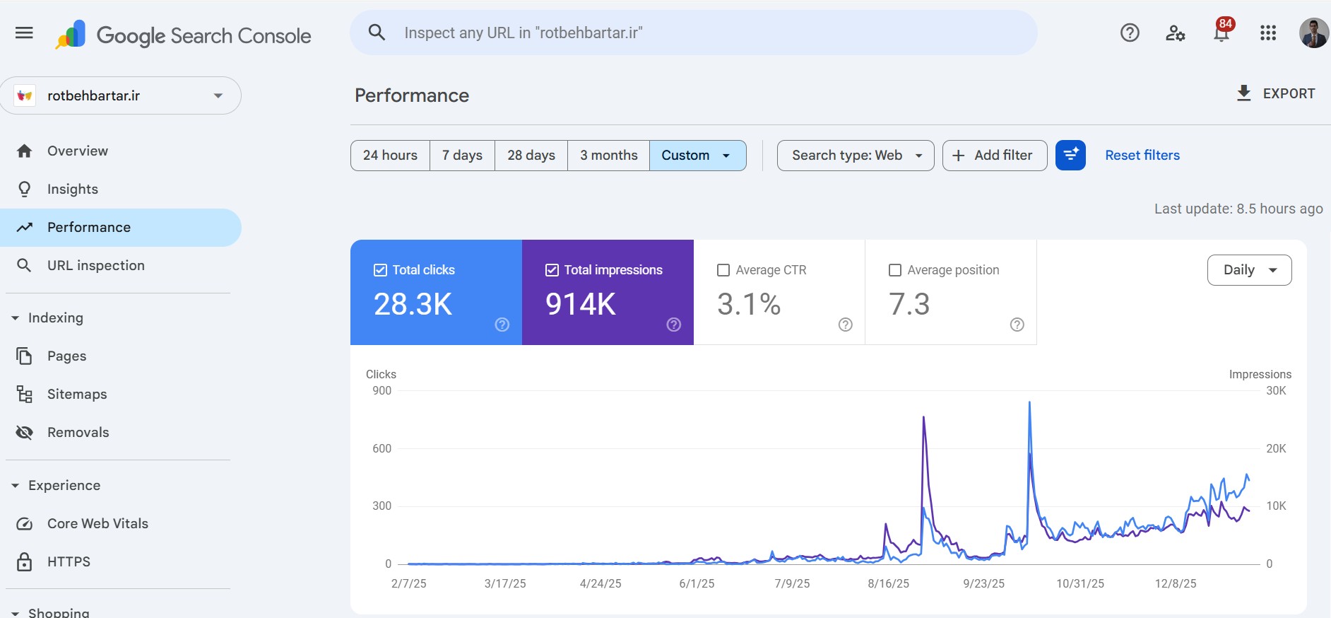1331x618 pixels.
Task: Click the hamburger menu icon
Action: (x=24, y=33)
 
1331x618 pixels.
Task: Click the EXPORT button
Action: (x=1275, y=93)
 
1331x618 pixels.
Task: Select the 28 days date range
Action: (x=531, y=156)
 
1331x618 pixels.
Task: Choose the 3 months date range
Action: (x=608, y=156)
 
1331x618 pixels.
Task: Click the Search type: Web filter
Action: (x=856, y=156)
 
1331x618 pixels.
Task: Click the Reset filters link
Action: (x=1142, y=156)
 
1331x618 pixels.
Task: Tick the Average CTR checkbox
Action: (x=723, y=270)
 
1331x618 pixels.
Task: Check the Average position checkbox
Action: (x=895, y=270)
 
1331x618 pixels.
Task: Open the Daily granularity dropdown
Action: (x=1249, y=270)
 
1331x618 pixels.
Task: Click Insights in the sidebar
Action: (x=73, y=190)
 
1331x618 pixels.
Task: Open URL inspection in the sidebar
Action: (x=96, y=266)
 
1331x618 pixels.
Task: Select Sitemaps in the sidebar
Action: (x=77, y=395)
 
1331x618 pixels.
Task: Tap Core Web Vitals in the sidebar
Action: (x=97, y=524)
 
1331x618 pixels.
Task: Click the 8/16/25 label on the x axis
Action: (x=888, y=584)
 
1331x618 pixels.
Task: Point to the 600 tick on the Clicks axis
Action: (x=381, y=448)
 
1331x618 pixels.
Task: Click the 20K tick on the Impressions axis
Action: (x=1276, y=448)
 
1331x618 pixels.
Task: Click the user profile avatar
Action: (x=1313, y=33)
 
